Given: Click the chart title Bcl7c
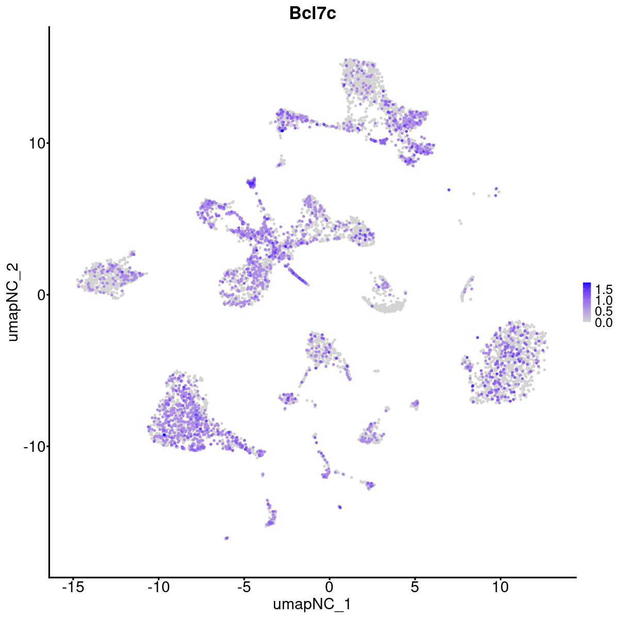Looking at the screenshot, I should coord(313,14).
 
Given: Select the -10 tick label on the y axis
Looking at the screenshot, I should coord(33,446).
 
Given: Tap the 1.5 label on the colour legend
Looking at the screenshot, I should coord(603,288).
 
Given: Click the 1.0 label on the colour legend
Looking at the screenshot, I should coord(603,300).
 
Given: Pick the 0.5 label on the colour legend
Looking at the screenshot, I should coord(603,311).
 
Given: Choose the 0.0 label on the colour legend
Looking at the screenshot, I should coord(603,323).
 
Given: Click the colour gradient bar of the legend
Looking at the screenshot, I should coord(587,302).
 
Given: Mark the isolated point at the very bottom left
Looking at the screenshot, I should coord(226,538).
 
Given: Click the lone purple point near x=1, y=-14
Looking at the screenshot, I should coord(339,507).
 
